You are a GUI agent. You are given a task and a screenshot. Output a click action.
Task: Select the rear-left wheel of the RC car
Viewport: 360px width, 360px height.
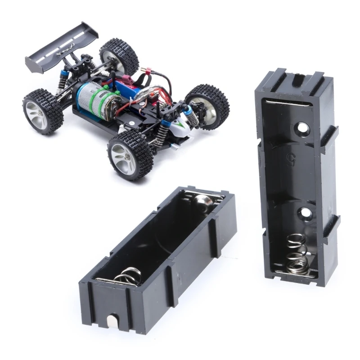point(43,111)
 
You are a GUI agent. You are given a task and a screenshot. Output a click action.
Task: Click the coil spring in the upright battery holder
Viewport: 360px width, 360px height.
point(297,255)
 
